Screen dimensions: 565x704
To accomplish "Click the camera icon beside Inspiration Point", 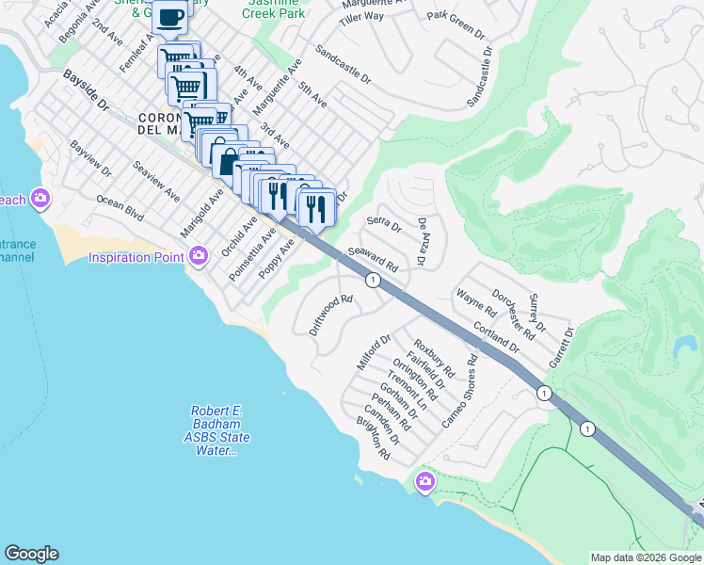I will click(199, 255).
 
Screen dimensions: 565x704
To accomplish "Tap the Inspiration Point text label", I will click(137, 256).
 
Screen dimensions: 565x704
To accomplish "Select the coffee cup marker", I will click(169, 18).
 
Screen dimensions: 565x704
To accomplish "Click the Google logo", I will click(31, 554).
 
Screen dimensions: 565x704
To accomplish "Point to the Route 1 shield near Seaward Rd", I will click(374, 280).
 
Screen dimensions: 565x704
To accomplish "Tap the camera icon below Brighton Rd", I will click(425, 482).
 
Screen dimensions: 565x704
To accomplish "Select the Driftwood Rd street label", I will click(330, 315).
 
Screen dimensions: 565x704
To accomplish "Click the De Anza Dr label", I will click(423, 242).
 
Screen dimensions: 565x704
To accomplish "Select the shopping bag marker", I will click(227, 159).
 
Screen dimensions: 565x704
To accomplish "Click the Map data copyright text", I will click(646, 557).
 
